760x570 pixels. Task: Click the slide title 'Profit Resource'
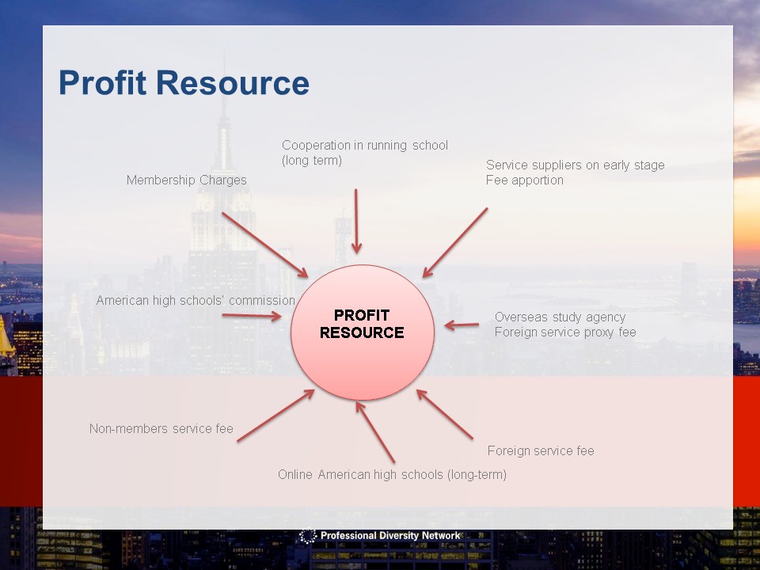[184, 83]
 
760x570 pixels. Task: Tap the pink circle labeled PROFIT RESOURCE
[362, 332]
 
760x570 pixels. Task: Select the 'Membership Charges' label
[187, 180]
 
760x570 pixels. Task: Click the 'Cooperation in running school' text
[365, 145]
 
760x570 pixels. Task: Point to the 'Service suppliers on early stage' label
[576, 165]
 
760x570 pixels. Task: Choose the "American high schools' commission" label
[196, 301]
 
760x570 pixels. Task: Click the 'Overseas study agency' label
[560, 317]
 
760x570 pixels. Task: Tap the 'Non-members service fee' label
[161, 428]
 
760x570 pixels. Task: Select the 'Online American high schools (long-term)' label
[392, 474]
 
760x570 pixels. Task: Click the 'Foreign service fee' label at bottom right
[541, 450]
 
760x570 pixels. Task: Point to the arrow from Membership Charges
[265, 245]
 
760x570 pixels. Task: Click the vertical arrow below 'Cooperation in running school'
[356, 222]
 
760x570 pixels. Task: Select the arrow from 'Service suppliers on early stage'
[455, 243]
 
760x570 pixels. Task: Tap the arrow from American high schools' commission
[252, 316]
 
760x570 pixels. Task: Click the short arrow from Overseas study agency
[462, 325]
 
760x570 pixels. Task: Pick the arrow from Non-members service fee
[275, 416]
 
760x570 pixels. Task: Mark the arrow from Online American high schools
[375, 432]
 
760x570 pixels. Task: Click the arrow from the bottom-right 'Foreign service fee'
[444, 414]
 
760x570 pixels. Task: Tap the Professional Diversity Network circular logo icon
[307, 536]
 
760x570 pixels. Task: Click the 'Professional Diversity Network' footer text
[390, 536]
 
